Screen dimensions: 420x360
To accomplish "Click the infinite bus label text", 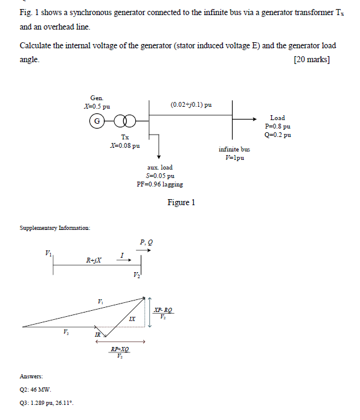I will [x=234, y=148].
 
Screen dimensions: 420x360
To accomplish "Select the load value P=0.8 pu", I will [x=277, y=127].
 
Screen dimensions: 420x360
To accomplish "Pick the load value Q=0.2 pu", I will [x=277, y=135].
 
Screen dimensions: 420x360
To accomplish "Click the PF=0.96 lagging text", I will [x=160, y=184].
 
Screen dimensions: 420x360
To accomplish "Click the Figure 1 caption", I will [x=181, y=203].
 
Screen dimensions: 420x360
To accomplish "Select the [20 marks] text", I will [x=311, y=60].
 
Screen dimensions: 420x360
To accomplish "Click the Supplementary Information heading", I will [x=55, y=228].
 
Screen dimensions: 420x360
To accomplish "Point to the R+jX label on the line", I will [x=94, y=261].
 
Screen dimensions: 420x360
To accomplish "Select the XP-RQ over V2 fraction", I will [x=163, y=313].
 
